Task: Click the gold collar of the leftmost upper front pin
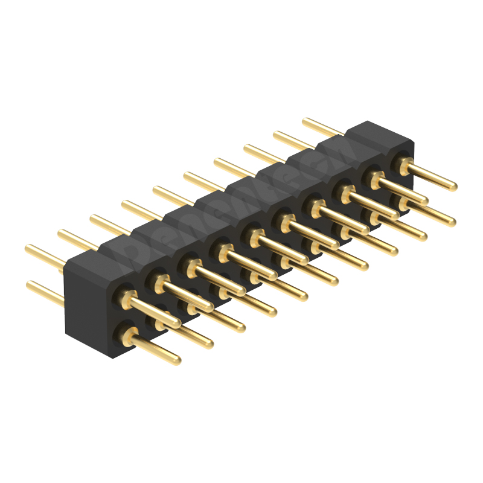click(x=127, y=297)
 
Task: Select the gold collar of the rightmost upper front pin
click(x=404, y=164)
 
